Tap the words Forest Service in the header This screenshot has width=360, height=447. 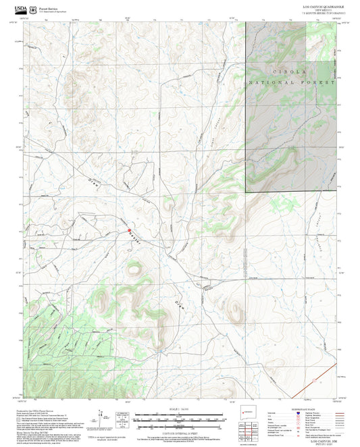[x=50, y=7]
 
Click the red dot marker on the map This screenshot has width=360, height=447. [x=129, y=232]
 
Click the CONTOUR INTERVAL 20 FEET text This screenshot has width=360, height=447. [x=179, y=431]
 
